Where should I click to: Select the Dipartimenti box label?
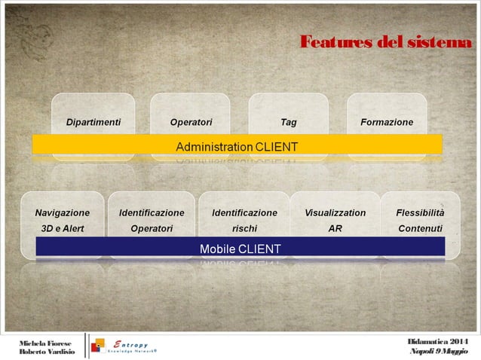(93, 121)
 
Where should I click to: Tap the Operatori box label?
(191, 121)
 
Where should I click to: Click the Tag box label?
(288, 121)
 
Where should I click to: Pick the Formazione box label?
(387, 121)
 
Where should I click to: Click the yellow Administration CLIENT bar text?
(237, 145)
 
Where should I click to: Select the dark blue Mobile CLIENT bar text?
(240, 248)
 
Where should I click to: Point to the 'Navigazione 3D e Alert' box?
(62, 220)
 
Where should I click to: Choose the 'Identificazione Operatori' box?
(152, 220)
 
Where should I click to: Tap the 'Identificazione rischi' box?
(244, 220)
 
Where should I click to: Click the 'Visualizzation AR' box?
(335, 220)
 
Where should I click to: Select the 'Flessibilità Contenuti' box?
(420, 220)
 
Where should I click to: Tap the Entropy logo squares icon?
(98, 346)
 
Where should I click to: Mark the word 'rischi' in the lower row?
(244, 228)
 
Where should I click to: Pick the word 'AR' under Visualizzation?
(335, 228)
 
